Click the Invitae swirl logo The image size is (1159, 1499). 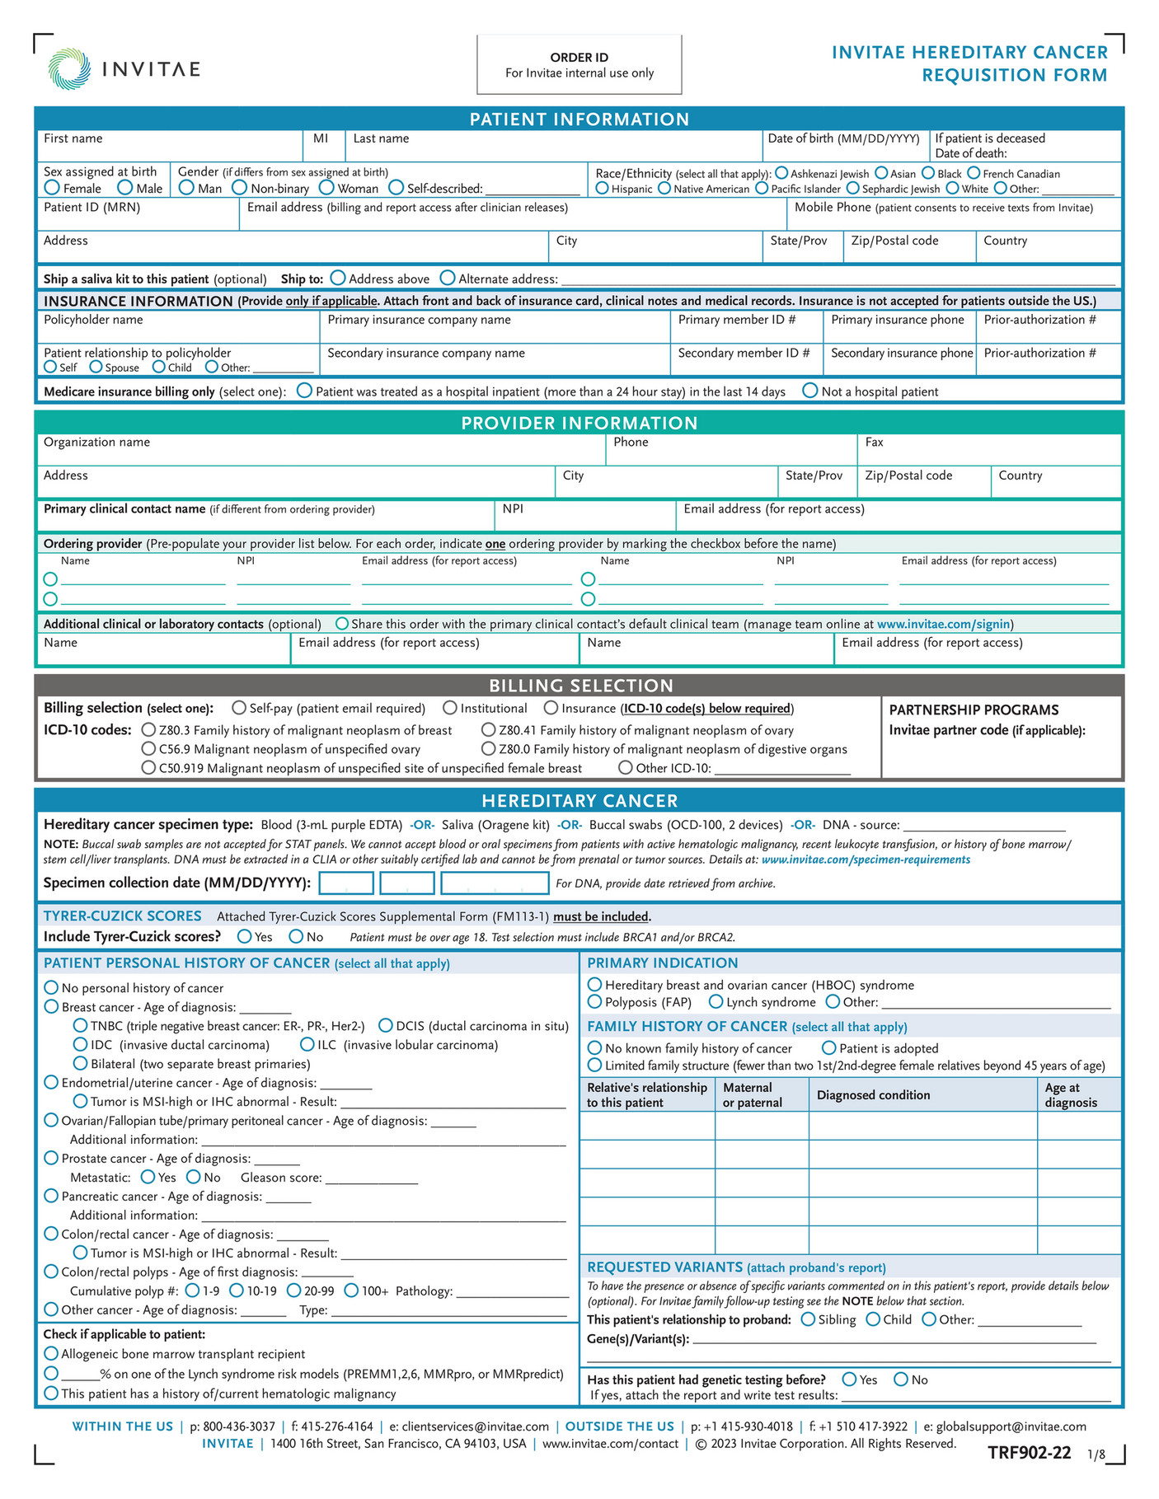point(69,68)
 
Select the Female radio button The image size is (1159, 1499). point(52,188)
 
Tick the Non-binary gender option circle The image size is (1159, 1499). point(240,188)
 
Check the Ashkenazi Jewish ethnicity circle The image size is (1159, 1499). point(781,173)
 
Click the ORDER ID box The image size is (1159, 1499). point(579,64)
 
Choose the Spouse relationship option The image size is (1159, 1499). point(96,367)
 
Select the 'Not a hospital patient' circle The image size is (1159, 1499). point(810,391)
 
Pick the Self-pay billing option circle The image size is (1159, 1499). point(239,708)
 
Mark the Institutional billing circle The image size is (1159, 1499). point(450,708)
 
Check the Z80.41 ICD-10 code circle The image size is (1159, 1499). point(489,730)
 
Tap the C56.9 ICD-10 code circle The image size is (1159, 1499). point(148,749)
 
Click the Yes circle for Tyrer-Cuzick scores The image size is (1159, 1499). point(245,936)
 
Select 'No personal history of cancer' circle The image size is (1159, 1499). point(51,987)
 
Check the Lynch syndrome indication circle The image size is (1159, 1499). point(716,1002)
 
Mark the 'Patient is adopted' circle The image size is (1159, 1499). point(829,1047)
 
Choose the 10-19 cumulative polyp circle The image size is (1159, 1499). point(237,1291)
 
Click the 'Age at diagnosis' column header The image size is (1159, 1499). point(1071,1095)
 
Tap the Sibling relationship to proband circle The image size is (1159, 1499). point(808,1319)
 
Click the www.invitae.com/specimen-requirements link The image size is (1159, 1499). point(866,860)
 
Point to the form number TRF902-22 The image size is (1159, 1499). point(1030,1475)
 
